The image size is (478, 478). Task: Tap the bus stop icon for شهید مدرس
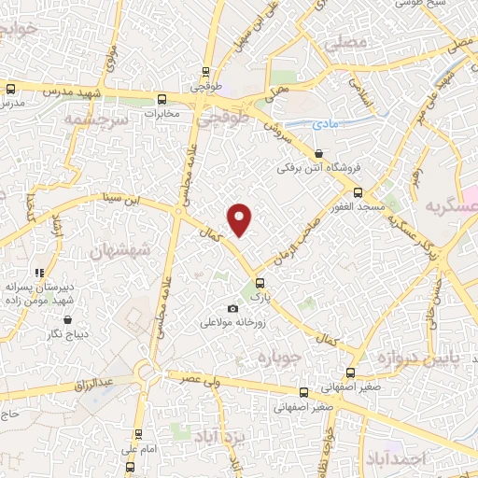coord(10,90)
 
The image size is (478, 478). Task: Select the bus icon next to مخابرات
coord(162,99)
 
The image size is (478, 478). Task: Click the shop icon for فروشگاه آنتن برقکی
coord(319,154)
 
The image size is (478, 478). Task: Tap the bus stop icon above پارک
coord(260,282)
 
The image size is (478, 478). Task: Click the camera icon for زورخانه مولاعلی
coord(232,309)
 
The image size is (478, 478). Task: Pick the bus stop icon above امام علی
coord(138,434)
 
